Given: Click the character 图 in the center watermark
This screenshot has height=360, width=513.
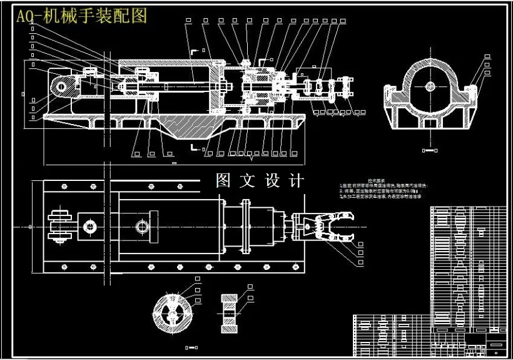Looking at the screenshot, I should (224, 181).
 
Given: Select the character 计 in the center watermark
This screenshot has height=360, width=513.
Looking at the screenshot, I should (297, 181).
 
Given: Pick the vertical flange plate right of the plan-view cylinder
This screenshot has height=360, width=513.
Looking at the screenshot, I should (245, 225).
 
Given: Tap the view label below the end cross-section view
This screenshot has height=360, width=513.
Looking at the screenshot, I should (429, 150).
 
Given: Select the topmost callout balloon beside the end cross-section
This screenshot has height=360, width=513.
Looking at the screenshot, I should (487, 57).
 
